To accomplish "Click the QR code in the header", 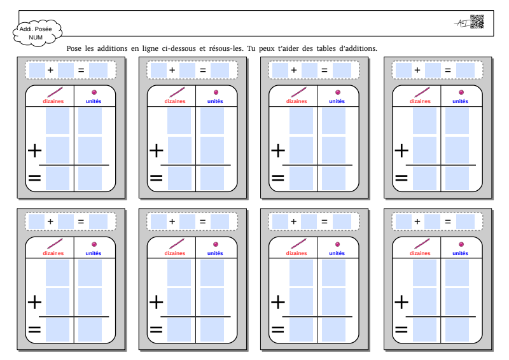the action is coord(477,22).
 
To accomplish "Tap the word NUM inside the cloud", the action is coord(36,38).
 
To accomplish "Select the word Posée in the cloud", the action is coord(43,29).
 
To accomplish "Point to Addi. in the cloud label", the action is coord(26,29).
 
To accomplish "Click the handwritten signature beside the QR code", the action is coord(462,23).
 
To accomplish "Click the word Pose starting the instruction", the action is coord(74,49).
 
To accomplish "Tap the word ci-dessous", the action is coord(179,49).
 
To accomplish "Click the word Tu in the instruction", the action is coord(251,49).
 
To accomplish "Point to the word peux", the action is coord(266,49).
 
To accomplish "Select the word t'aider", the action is coord(288,49).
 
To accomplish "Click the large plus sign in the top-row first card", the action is coord(35,151).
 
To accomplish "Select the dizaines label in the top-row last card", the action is coord(420,101).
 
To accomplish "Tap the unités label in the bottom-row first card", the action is coord(93,253).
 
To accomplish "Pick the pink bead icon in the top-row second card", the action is coord(216,92).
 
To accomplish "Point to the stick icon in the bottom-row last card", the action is coord(422,244).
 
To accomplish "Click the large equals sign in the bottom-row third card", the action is coord(278,329).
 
